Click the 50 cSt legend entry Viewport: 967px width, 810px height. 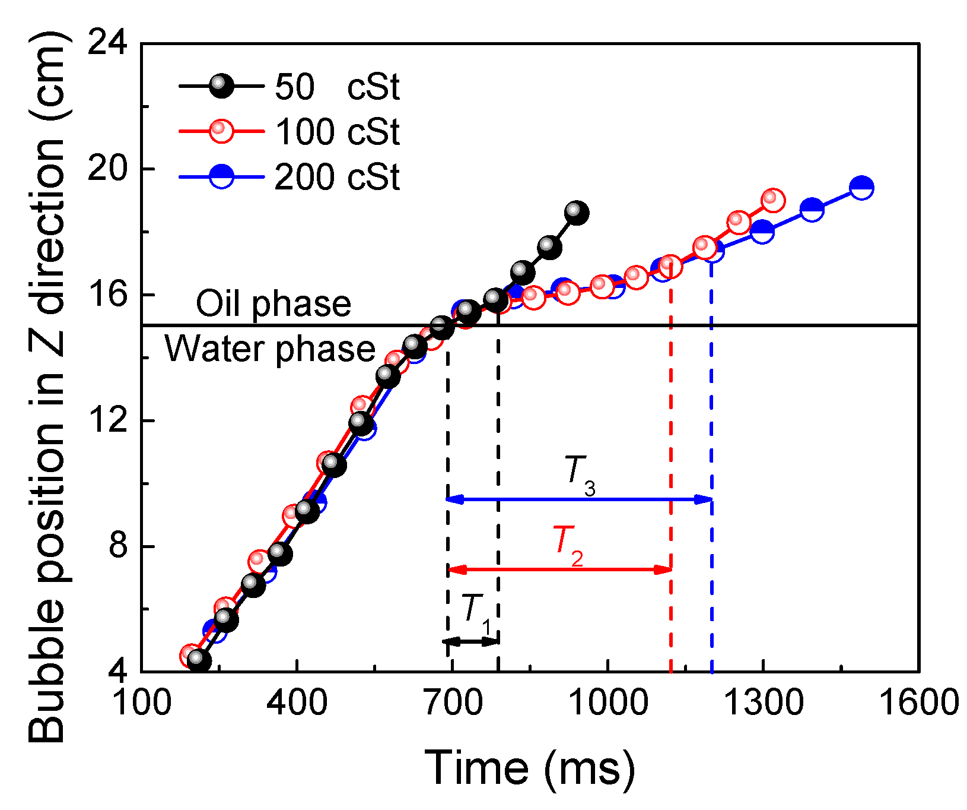click(x=291, y=87)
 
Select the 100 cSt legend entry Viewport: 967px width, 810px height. click(x=291, y=132)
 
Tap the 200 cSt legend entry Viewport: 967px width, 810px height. click(x=291, y=177)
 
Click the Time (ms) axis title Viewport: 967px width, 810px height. click(x=530, y=768)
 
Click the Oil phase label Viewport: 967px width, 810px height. click(x=273, y=303)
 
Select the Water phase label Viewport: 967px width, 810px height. click(x=270, y=349)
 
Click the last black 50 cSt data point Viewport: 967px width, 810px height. click(x=576, y=212)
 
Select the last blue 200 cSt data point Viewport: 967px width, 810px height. click(x=861, y=188)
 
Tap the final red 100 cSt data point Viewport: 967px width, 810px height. click(x=772, y=200)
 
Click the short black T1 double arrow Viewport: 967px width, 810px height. click(x=472, y=642)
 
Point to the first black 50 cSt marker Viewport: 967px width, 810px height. click(x=199, y=660)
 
